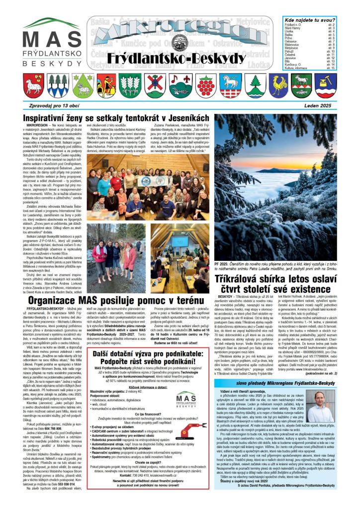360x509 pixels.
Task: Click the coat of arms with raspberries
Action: (205, 85)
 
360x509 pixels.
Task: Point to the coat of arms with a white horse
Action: (229, 85)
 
